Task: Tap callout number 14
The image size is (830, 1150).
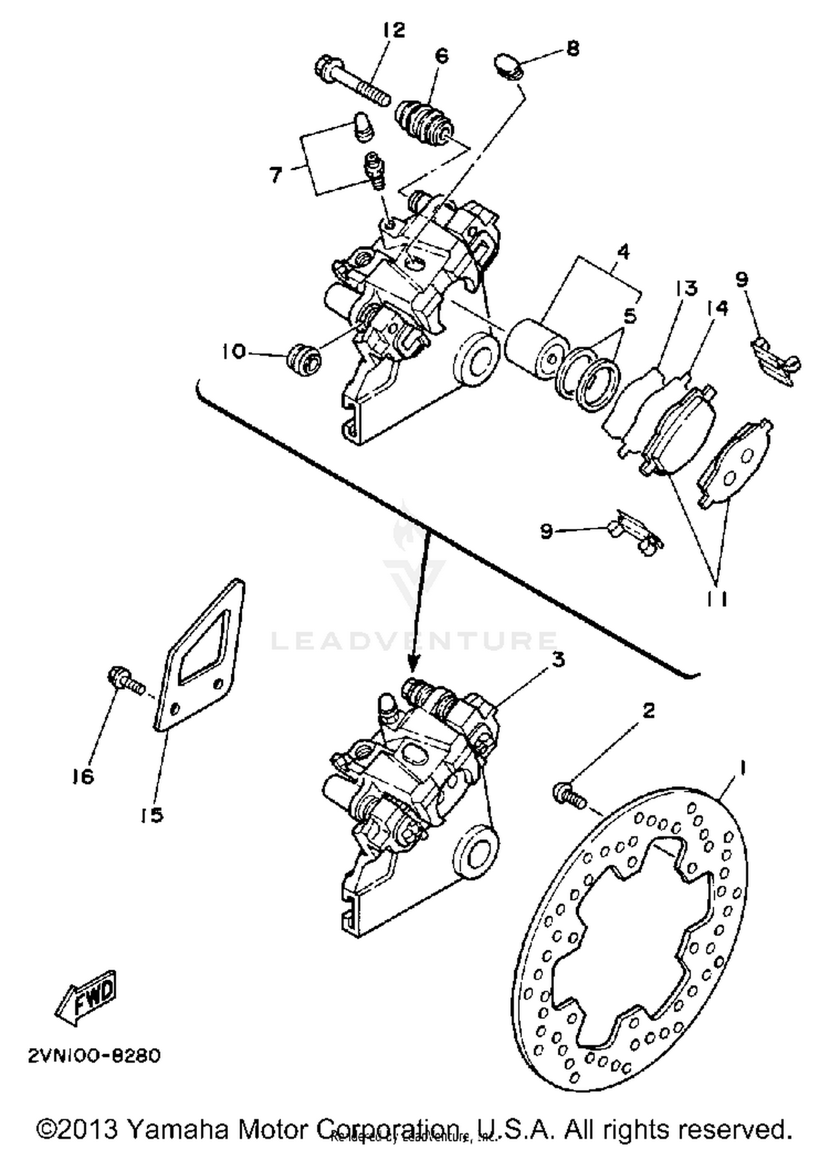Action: pos(718,309)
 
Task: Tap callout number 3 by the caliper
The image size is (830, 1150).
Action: pos(558,660)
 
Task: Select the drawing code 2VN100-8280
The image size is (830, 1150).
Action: pos(95,1055)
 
